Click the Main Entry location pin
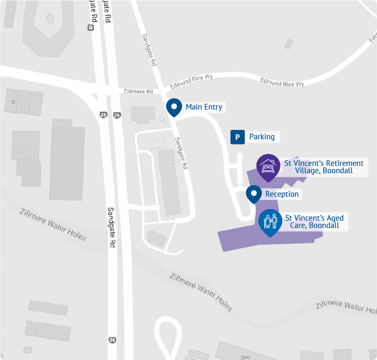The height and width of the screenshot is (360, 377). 174,107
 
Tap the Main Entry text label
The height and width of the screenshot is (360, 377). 204,107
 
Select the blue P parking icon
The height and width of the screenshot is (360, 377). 237,137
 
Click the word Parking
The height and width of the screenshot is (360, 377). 262,137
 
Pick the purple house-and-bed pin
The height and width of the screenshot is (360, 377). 268,166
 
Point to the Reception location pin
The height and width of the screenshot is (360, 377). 254,194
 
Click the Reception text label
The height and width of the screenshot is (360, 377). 282,194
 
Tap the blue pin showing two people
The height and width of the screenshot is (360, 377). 270,221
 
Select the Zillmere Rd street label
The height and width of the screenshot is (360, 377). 138,91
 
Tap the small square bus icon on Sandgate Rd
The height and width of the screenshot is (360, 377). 91,28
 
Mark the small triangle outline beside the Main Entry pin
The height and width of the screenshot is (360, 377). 162,118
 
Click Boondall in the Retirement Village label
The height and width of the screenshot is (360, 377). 337,171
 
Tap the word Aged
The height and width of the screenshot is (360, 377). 334,218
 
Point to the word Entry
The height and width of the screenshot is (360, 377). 213,107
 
